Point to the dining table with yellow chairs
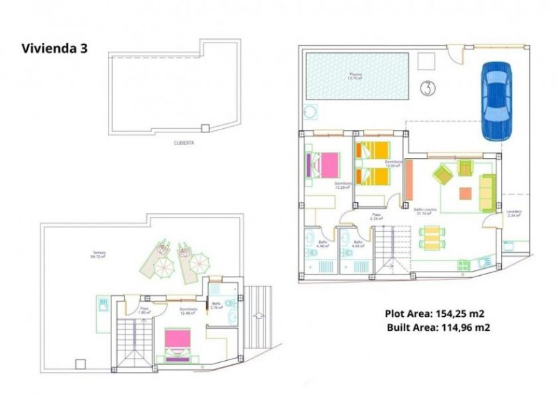pyautogui.click(x=432, y=237)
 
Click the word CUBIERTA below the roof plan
pyautogui.click(x=185, y=143)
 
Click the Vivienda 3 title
pyautogui.click(x=54, y=49)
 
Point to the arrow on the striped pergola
pyautogui.click(x=258, y=316)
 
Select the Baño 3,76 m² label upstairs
pyautogui.click(x=216, y=304)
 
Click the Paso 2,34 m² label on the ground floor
pyautogui.click(x=377, y=217)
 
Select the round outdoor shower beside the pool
pyautogui.click(x=310, y=111)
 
